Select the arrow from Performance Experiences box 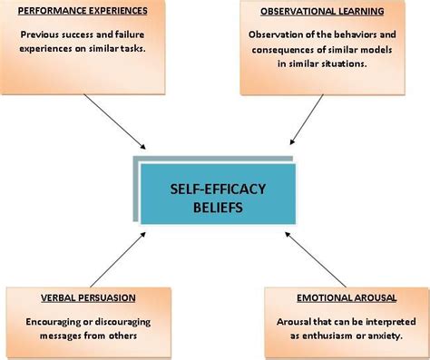point(117,122)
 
